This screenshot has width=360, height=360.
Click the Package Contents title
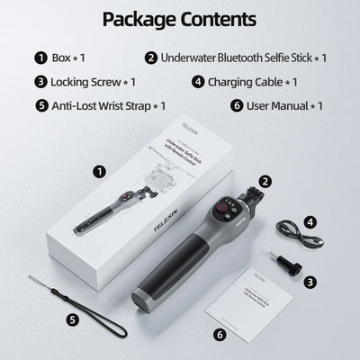tap(179, 19)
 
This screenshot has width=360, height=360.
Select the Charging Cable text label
tap(252, 81)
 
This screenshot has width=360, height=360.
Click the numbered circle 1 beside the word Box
tap(40, 58)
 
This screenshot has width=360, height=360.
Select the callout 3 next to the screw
tap(309, 282)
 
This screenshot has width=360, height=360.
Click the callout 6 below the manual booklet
tap(220, 334)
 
